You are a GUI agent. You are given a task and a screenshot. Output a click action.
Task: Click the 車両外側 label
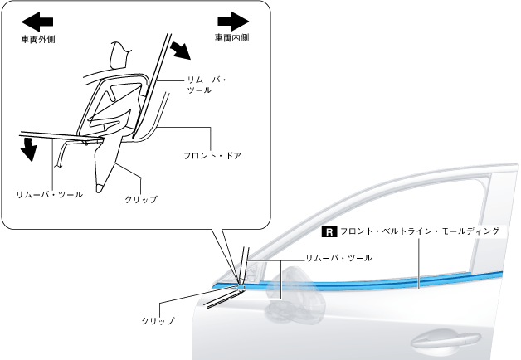40,37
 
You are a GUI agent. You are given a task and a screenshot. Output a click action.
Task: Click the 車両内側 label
231,37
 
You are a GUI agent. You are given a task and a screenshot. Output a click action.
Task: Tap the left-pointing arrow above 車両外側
40,19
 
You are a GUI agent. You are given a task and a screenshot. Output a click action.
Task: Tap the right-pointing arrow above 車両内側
232,19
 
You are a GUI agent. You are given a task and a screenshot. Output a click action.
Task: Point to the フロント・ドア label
212,155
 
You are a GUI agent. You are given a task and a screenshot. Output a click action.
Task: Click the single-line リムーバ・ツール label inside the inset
49,193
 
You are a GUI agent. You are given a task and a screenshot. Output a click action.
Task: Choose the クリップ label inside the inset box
140,199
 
